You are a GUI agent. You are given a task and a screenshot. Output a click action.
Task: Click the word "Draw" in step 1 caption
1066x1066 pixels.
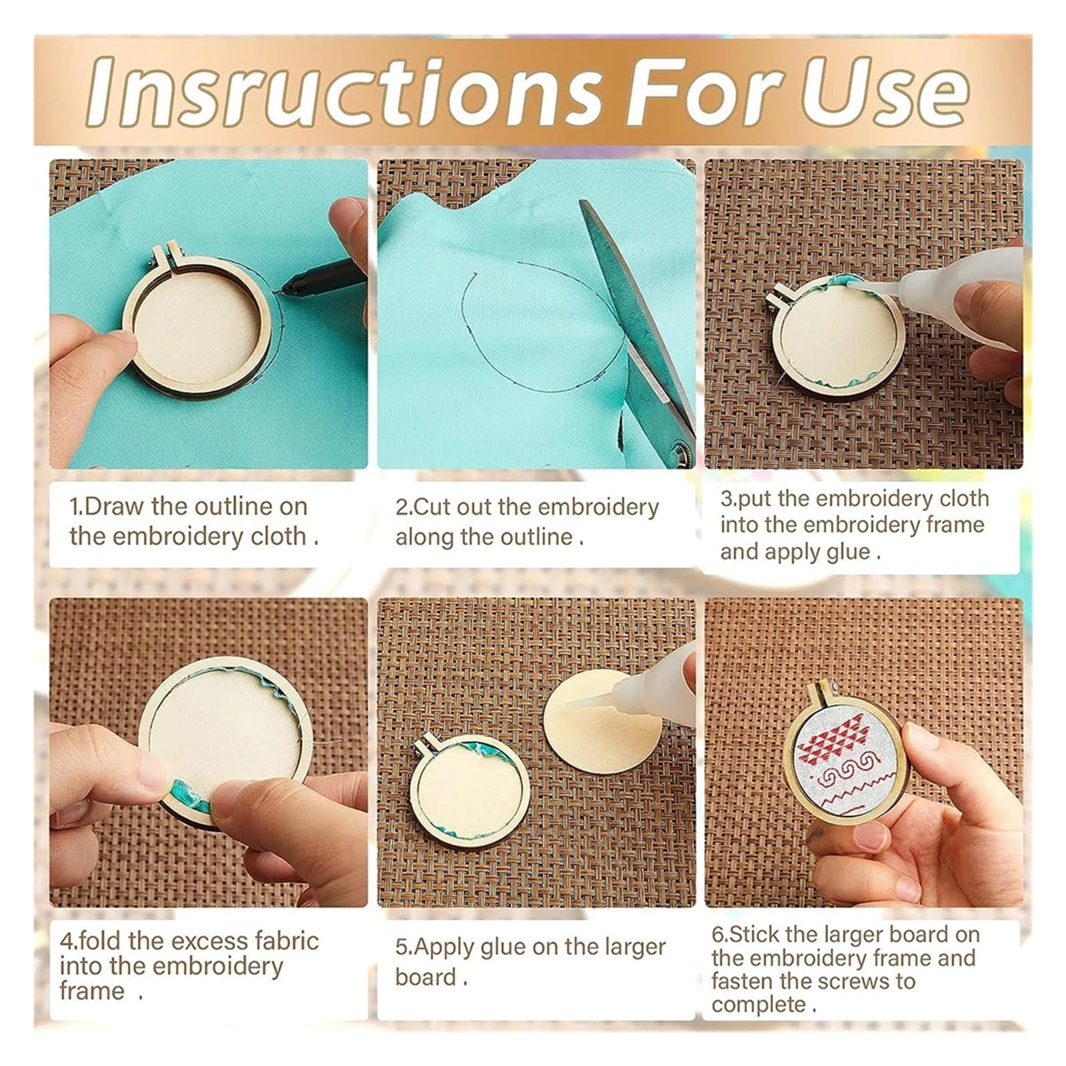[114, 506]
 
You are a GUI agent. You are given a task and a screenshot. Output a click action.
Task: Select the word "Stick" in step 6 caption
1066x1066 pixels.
[756, 934]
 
